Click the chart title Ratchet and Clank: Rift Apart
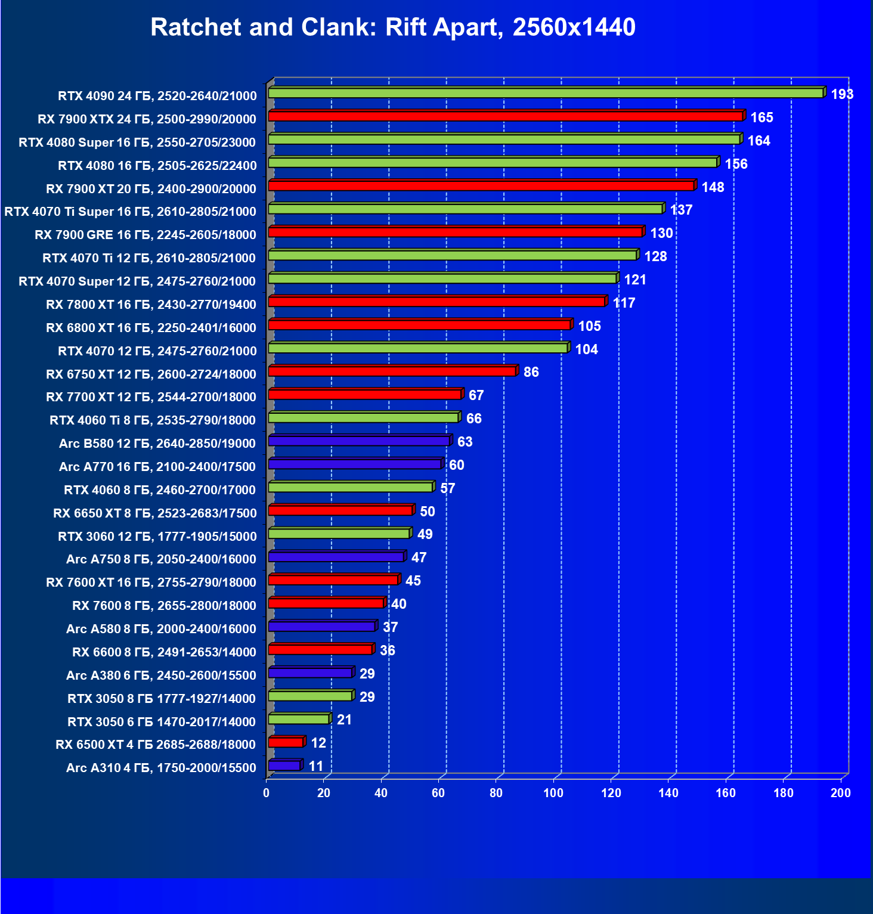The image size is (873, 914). tap(392, 27)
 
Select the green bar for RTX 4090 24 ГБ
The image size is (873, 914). tap(546, 93)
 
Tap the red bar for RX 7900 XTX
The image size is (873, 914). tap(506, 116)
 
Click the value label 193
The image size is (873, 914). tap(842, 94)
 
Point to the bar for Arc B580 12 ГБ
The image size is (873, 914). tap(359, 441)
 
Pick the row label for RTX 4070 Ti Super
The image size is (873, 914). tap(130, 212)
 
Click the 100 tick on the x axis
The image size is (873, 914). tap(553, 793)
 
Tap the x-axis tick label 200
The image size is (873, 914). tap(841, 793)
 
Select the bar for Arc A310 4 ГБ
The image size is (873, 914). tap(284, 766)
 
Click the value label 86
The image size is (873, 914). tap(531, 373)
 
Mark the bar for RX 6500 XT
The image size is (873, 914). tap(286, 742)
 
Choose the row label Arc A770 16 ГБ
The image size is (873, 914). tap(157, 467)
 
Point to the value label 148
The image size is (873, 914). tap(713, 187)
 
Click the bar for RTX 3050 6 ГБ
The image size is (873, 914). tap(299, 719)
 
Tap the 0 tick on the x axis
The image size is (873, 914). tap(267, 793)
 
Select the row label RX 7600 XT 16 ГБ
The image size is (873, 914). tap(151, 583)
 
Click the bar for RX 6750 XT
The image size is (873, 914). tap(392, 371)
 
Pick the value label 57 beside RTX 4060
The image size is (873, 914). tap(447, 488)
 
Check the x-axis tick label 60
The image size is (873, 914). tap(438, 793)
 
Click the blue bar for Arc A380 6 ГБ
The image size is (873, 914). tap(310, 673)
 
